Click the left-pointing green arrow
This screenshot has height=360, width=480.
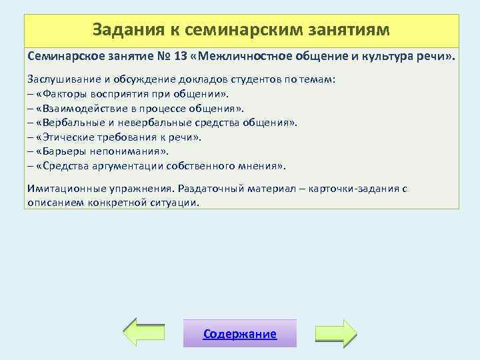[x=146, y=332]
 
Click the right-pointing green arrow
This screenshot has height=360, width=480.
[x=335, y=332]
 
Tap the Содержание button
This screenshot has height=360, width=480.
[x=240, y=333]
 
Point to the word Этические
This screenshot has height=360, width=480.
[x=67, y=137]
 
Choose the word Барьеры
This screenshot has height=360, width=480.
[x=63, y=151]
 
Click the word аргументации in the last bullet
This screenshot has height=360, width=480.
[x=136, y=165]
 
